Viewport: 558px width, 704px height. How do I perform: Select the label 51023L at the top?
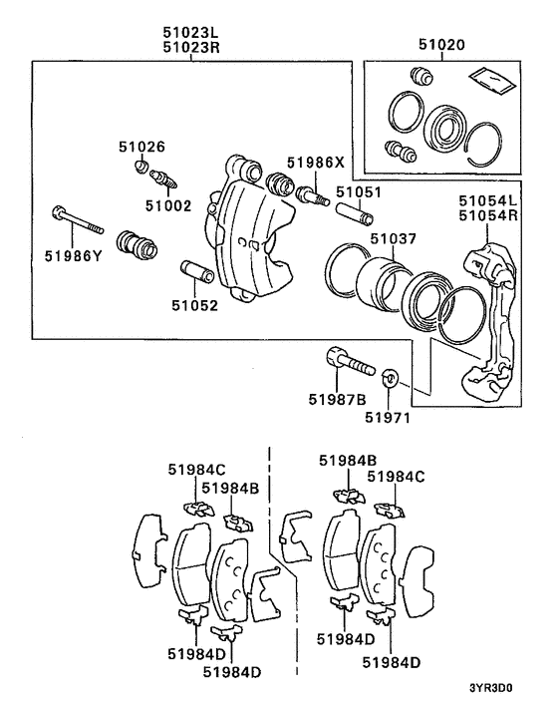[x=192, y=31]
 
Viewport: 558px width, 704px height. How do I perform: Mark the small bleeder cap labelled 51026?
[x=141, y=166]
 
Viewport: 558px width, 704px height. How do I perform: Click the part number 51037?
[x=394, y=240]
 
